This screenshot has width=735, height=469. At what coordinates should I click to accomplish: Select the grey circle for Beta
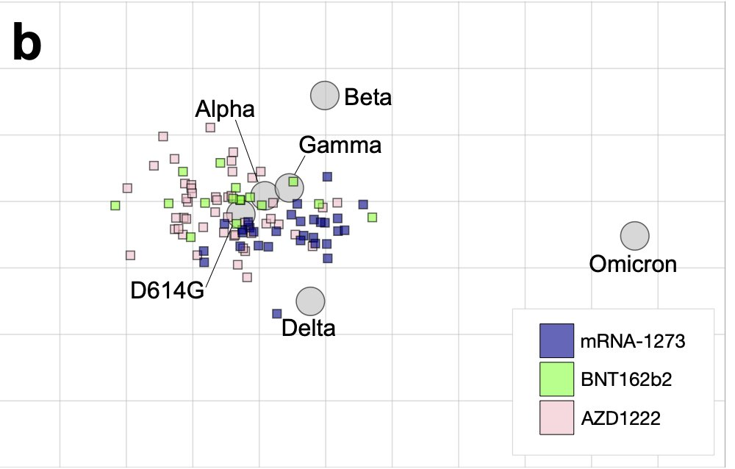(324, 96)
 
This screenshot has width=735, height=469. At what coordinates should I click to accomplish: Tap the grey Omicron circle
(634, 237)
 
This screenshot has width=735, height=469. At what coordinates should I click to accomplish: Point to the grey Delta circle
(310, 301)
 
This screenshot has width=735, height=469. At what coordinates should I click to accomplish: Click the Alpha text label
(225, 110)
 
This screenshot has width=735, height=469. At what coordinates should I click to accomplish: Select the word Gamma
(340, 146)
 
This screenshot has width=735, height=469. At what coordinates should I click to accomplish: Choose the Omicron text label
(633, 263)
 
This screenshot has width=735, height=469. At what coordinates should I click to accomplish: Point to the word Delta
(309, 328)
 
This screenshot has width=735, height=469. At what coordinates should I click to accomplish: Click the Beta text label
(368, 97)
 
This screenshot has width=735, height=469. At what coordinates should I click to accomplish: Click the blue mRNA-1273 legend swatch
(556, 340)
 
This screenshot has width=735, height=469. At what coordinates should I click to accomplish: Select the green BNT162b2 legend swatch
(556, 379)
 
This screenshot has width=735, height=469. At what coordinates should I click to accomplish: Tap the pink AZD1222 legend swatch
(556, 418)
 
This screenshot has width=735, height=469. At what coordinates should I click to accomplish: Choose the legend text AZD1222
(620, 419)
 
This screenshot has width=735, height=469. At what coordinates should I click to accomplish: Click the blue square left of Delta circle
(277, 314)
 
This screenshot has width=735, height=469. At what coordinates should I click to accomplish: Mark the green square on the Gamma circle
(293, 182)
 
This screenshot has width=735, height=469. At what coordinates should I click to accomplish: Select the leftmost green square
(115, 206)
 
